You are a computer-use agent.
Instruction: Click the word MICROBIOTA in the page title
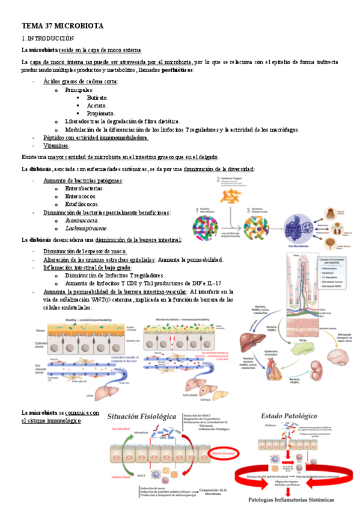pos(81,26)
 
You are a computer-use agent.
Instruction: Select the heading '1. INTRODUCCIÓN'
pos(47,38)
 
